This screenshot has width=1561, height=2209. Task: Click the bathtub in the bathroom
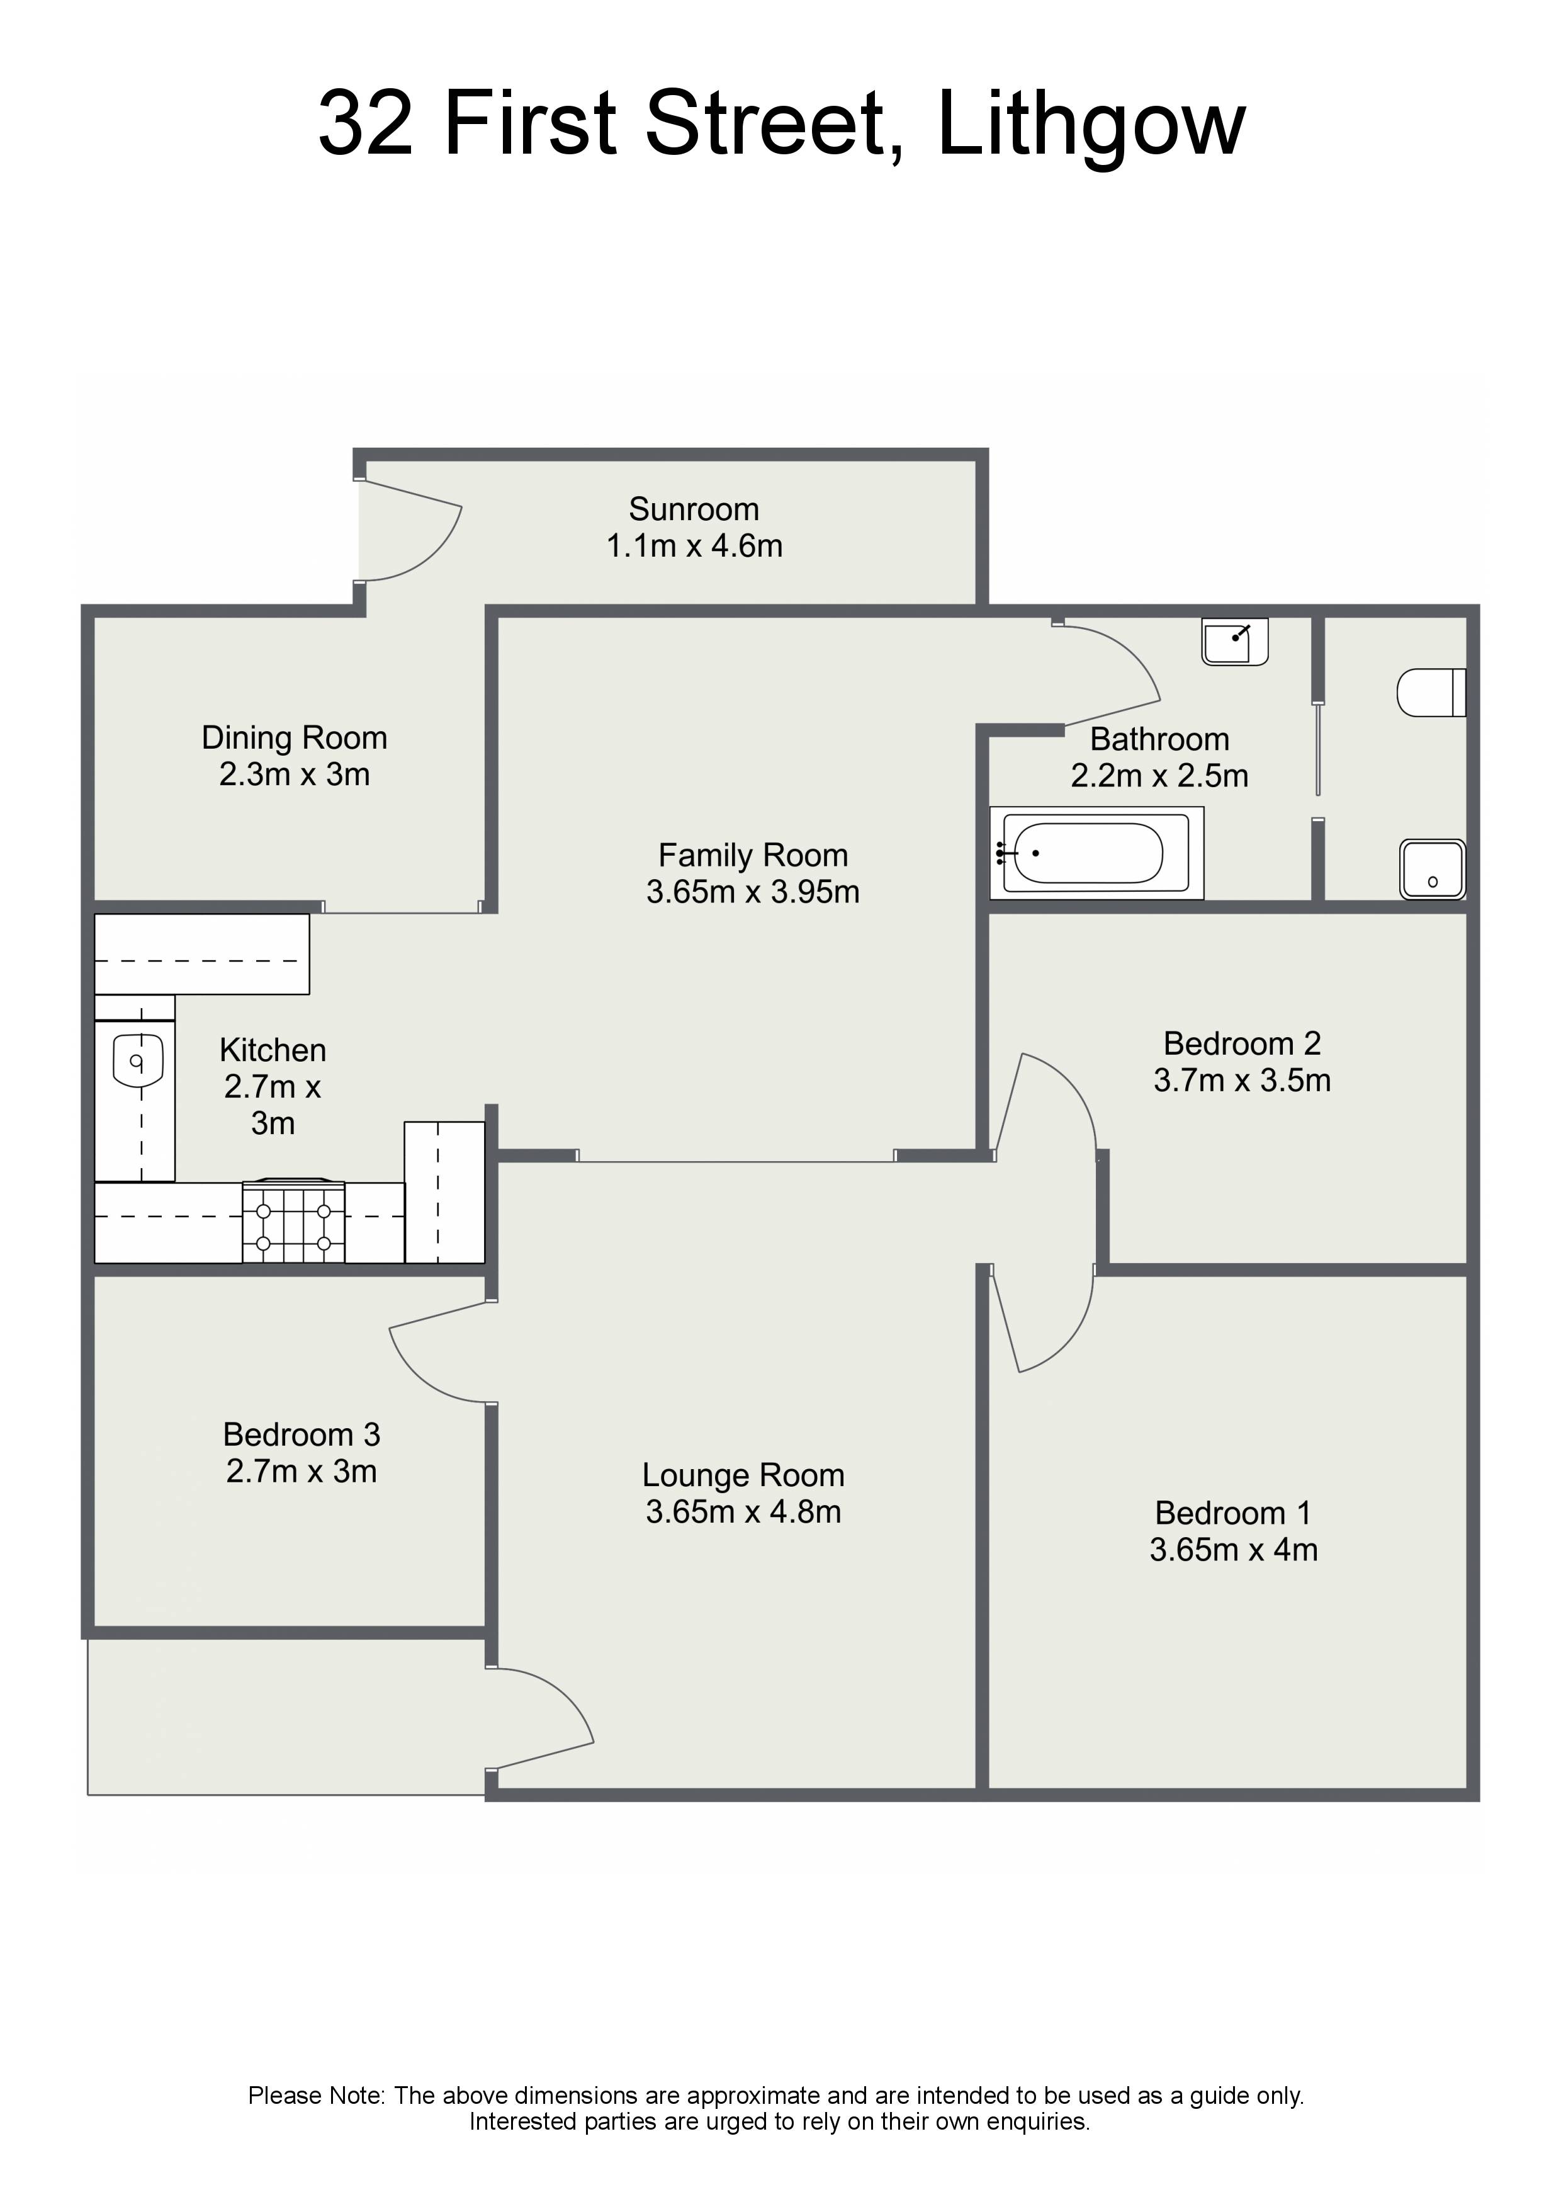click(x=1096, y=853)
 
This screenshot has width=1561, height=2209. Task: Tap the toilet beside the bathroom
click(x=1431, y=692)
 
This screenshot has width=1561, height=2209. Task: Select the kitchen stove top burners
click(x=293, y=1221)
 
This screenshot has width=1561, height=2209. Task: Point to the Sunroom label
click(x=694, y=509)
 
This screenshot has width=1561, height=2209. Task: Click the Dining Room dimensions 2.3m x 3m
click(x=295, y=775)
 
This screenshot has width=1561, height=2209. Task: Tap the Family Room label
click(x=753, y=855)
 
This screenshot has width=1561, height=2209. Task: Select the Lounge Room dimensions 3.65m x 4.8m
click(x=743, y=1511)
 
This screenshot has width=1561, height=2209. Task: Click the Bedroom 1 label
click(x=1233, y=1513)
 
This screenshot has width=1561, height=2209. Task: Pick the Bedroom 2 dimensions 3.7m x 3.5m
click(x=1243, y=1081)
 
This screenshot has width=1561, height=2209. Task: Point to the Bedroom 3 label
click(x=302, y=1434)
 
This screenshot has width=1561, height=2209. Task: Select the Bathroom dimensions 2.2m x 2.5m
click(x=1160, y=775)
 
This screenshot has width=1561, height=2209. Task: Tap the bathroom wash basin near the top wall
click(x=1235, y=642)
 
